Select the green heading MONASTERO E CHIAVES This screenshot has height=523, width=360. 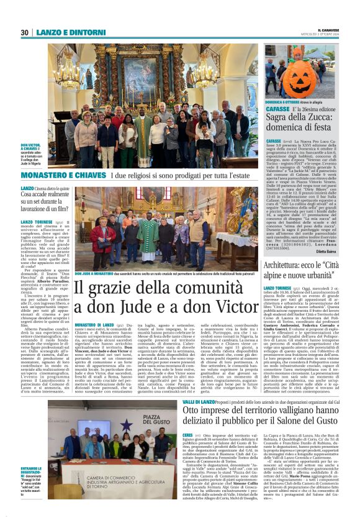pyautogui.click(x=65, y=176)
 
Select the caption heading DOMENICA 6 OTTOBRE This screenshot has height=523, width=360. pyautogui.click(x=282, y=100)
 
